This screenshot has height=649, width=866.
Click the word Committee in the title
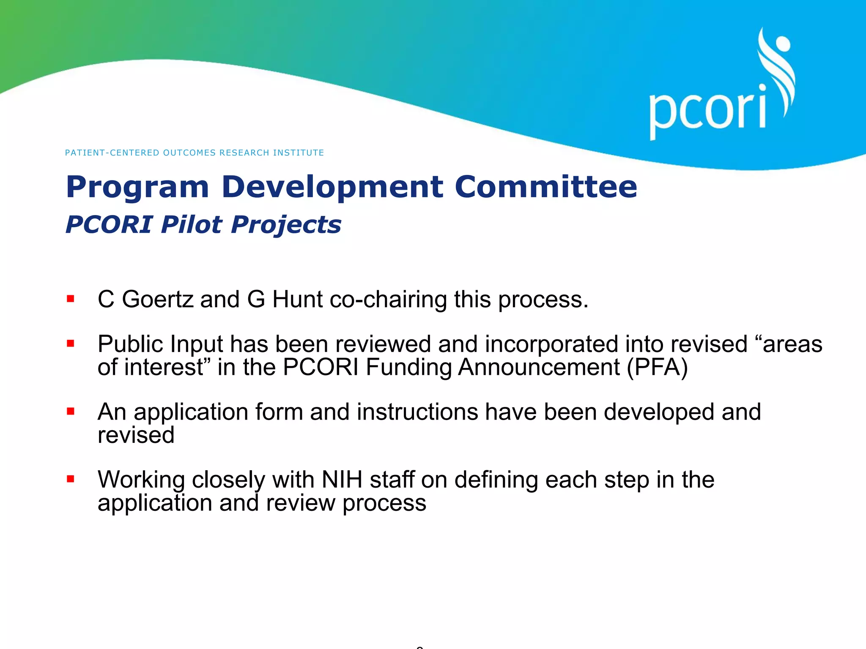coord(545,187)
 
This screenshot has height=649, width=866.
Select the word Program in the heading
coord(137,187)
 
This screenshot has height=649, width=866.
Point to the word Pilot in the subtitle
coord(191,224)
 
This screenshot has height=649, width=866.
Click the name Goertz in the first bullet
coord(157,299)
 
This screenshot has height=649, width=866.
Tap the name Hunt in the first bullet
coord(298,299)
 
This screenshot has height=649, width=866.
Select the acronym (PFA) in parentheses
coord(657,367)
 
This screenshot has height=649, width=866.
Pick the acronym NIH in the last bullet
coord(342,480)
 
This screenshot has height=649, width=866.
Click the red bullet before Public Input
coord(71,344)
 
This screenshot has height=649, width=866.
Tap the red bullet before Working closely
coord(71,479)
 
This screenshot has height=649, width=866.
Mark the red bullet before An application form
coord(71,411)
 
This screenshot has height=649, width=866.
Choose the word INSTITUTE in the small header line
coord(299,153)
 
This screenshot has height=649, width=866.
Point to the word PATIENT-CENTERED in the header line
coord(112,153)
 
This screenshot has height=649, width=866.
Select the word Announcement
coord(539,367)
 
